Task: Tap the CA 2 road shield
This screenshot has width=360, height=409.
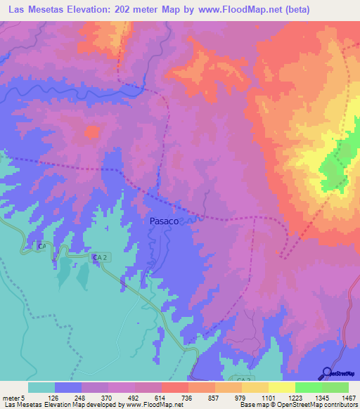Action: tap(99, 258)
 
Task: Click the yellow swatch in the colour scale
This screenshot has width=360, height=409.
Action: tap(281, 387)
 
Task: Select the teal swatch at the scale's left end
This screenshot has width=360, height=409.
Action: tap(41, 387)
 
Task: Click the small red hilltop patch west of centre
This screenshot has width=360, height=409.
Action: tap(91, 131)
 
